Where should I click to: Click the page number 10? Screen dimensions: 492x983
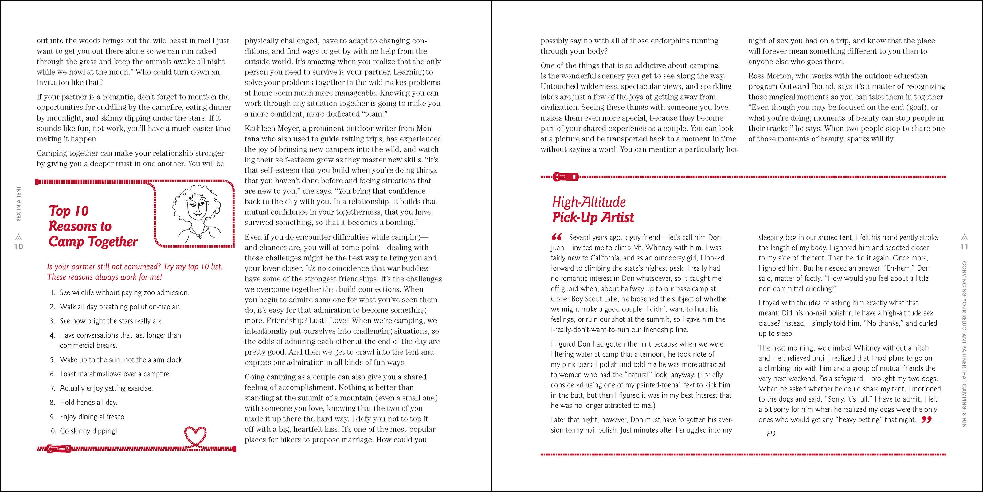tap(18, 247)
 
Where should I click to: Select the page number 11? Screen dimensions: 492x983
tap(964, 247)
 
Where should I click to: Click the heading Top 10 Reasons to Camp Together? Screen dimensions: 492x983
tap(93, 226)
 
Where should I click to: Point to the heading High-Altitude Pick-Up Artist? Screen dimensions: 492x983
tap(593, 210)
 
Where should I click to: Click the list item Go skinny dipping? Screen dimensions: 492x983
tap(88, 431)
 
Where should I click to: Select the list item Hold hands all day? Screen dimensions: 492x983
tap(88, 402)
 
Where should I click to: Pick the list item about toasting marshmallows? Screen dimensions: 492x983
tap(115, 374)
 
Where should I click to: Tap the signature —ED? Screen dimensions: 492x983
tap(767, 434)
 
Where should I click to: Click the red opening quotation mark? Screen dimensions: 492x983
tap(557, 236)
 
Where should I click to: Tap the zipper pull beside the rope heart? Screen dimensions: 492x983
tap(59, 449)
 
